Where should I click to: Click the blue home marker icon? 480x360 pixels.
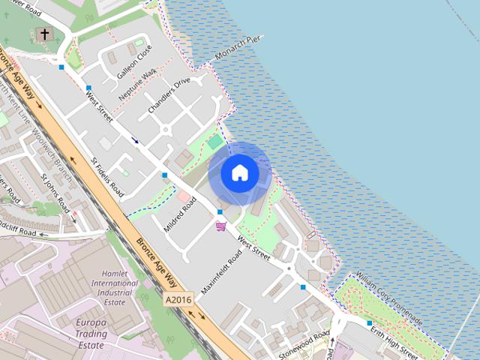pos(239,173)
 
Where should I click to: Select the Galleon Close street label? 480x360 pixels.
pos(134,61)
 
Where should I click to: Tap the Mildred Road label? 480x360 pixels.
pos(180,214)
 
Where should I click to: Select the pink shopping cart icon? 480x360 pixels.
pos(220,226)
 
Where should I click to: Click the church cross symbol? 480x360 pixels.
pos(44,34)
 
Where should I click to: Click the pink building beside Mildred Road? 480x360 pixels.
pos(184,196)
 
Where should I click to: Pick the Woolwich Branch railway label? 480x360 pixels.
pos(45,139)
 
